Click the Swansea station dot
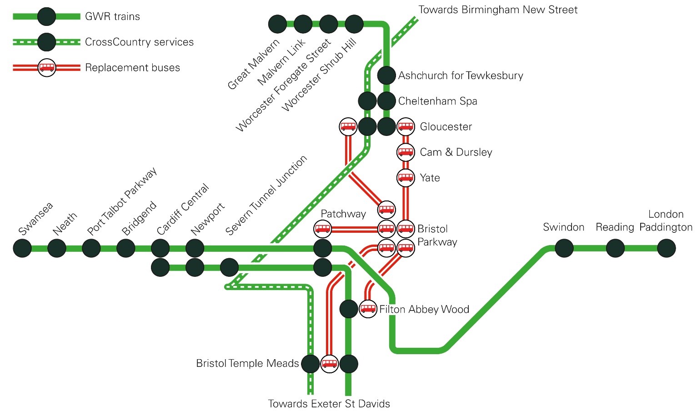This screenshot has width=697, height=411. click(x=22, y=248)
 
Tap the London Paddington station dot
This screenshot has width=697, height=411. click(x=667, y=248)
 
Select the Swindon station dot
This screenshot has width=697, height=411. click(x=564, y=248)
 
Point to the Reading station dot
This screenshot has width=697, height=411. click(x=616, y=248)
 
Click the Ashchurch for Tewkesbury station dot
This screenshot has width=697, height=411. click(x=386, y=75)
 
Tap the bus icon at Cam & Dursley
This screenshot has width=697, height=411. click(x=406, y=152)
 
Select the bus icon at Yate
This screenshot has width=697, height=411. click(x=406, y=178)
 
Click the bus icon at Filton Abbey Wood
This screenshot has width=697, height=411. click(x=368, y=309)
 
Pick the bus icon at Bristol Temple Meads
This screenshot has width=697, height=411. click(x=330, y=364)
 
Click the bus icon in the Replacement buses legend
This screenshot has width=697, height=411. click(x=47, y=67)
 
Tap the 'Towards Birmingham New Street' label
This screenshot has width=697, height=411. click(x=498, y=10)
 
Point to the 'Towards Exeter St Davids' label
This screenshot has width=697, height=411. click(x=329, y=404)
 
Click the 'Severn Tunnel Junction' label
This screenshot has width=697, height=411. click(x=266, y=195)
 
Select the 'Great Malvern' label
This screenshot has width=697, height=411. click(x=254, y=65)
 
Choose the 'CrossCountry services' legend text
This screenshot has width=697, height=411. click(x=139, y=42)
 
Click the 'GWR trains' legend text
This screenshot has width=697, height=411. click(x=112, y=16)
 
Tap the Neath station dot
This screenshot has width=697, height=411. click(x=57, y=248)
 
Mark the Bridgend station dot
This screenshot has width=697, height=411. click(x=126, y=248)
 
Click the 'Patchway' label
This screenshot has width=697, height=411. click(x=343, y=214)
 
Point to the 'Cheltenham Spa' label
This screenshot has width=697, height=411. click(x=437, y=101)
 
